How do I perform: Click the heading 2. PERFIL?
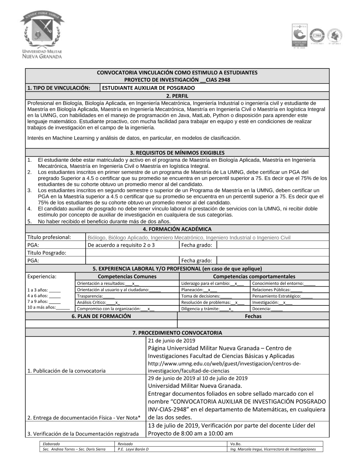click(177, 96)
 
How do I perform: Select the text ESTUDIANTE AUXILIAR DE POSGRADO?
click(148, 88)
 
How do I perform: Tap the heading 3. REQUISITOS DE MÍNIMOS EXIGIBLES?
click(177, 153)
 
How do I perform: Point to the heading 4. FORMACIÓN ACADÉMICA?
click(177, 229)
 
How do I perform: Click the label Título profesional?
click(49, 237)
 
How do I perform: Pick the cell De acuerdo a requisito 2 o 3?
click(121, 245)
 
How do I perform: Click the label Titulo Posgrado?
click(47, 253)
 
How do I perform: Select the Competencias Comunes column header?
click(127, 277)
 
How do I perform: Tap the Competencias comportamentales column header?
click(254, 277)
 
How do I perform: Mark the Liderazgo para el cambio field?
click(212, 283)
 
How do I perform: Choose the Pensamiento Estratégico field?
click(282, 296)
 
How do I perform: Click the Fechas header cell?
click(253, 316)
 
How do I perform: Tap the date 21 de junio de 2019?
click(171, 341)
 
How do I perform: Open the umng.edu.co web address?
click(224, 367)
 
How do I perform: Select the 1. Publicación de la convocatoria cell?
click(66, 371)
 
